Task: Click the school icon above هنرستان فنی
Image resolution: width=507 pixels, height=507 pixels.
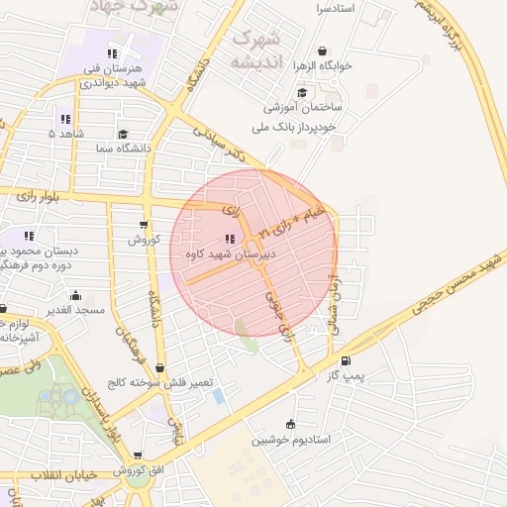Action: (113, 53)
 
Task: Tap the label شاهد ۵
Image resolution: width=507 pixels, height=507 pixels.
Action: (68, 133)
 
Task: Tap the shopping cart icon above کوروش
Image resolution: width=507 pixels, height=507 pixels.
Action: (146, 225)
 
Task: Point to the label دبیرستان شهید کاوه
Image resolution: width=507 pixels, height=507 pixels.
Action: (230, 253)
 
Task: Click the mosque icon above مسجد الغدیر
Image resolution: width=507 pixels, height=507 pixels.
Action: (76, 295)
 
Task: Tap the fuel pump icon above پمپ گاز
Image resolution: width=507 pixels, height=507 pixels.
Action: (345, 361)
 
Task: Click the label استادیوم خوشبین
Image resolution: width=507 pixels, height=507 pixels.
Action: (289, 440)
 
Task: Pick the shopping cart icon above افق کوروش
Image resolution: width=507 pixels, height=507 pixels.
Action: (136, 456)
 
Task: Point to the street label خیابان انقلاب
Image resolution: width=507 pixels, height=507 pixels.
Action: (63, 475)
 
